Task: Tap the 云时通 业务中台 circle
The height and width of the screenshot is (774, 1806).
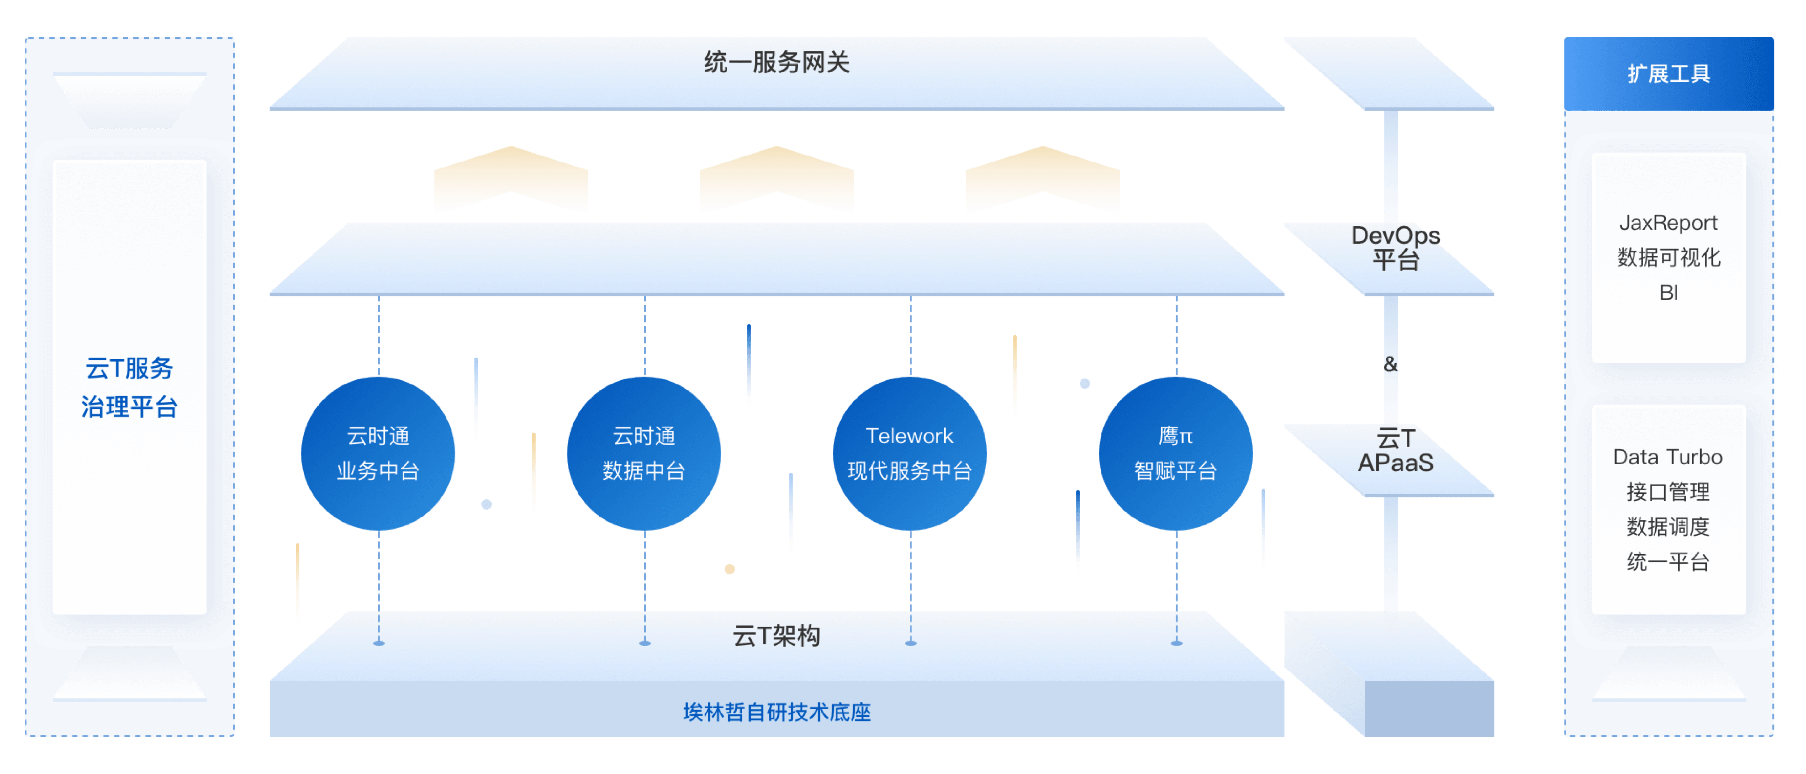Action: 378,453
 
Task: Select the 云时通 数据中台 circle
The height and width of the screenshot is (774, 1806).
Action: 644,453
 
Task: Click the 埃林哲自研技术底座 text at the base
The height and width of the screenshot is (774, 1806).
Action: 777,712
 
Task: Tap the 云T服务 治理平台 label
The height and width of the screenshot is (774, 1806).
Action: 130,387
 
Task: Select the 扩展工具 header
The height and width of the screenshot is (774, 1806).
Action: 1669,74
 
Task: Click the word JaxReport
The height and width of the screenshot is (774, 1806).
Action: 1669,223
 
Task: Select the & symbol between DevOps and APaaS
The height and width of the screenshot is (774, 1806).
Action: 1390,364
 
